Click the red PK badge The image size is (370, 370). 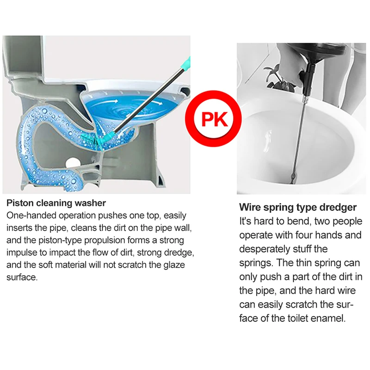tap(213, 118)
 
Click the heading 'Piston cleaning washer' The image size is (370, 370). tap(56, 203)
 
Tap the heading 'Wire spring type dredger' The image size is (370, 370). tap(298, 207)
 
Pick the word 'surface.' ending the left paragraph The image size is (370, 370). tap(22, 277)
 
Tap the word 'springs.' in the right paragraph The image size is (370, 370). tap(256, 263)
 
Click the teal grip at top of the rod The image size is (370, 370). tap(186, 63)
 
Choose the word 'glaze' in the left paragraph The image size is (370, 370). tap(174, 265)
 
